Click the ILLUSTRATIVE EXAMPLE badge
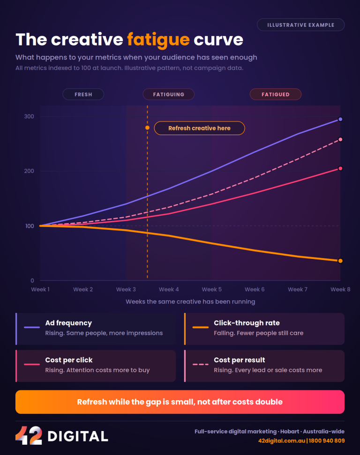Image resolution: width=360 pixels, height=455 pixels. (x=300, y=25)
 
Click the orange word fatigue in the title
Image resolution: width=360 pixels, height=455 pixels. (x=158, y=40)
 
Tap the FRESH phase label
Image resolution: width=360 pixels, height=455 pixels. (x=83, y=94)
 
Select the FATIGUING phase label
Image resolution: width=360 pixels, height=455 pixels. (x=169, y=94)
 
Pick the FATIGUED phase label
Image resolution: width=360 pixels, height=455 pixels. (x=276, y=94)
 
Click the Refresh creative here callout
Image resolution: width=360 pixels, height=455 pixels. (x=199, y=128)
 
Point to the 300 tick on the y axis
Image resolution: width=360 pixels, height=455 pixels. (x=29, y=116)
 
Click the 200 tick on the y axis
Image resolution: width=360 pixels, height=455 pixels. (x=29, y=171)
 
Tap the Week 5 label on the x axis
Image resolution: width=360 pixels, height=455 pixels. (x=212, y=289)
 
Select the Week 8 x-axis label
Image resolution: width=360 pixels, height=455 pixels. (x=340, y=289)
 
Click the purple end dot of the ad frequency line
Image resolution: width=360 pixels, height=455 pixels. (x=340, y=119)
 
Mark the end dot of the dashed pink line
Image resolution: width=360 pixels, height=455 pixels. (x=340, y=140)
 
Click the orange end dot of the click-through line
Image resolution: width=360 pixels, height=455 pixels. (x=340, y=261)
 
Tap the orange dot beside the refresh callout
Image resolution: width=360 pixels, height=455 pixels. (x=147, y=128)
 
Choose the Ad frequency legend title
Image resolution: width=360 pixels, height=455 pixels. (x=68, y=323)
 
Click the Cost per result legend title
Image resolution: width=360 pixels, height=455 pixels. (x=240, y=360)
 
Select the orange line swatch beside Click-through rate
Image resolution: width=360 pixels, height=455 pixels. (x=201, y=327)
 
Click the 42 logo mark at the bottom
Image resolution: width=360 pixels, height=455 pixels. (x=29, y=435)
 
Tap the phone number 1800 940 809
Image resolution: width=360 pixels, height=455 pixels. (x=327, y=441)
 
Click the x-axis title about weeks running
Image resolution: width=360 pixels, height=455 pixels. (x=190, y=302)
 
